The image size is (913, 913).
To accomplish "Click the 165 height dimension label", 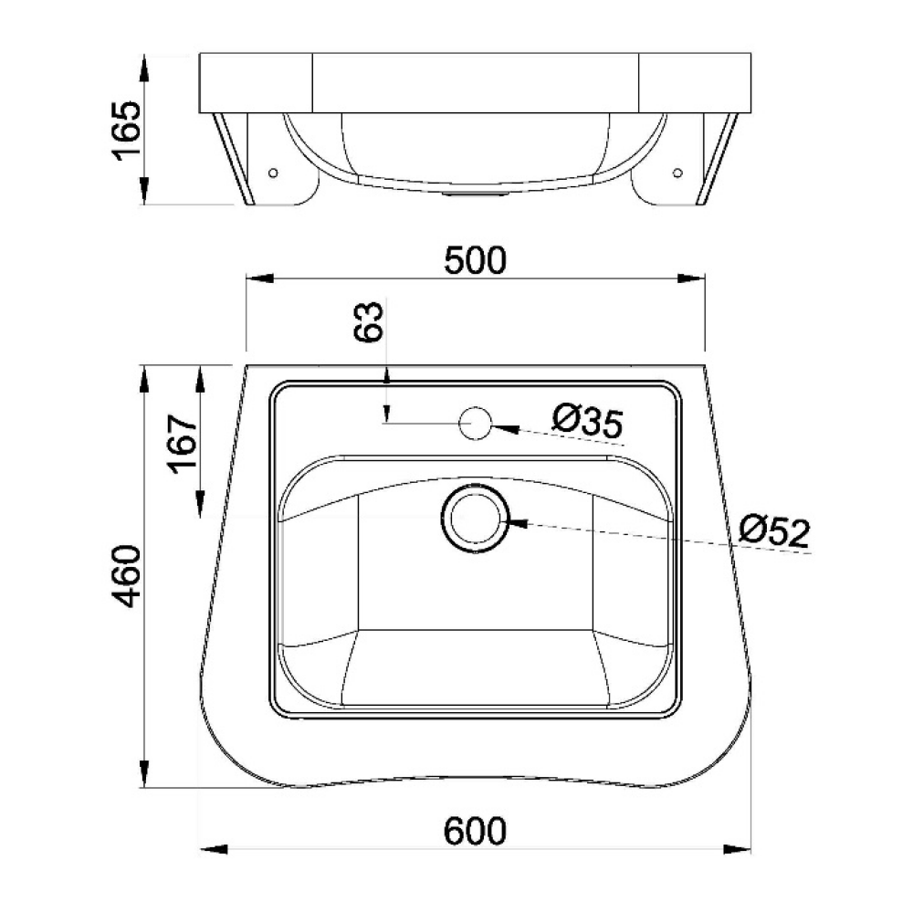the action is [x=126, y=131].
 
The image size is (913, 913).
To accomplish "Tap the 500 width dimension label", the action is [x=475, y=260].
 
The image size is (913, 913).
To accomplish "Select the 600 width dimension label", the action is [x=475, y=831].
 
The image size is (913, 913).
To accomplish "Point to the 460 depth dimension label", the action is [x=126, y=576].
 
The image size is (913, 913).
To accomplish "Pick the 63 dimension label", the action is [x=369, y=321].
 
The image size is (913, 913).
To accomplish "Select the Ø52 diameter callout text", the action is [x=774, y=530].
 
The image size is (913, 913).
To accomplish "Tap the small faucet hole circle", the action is [x=476, y=424].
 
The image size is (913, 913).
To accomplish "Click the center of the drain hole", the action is [x=476, y=519].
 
